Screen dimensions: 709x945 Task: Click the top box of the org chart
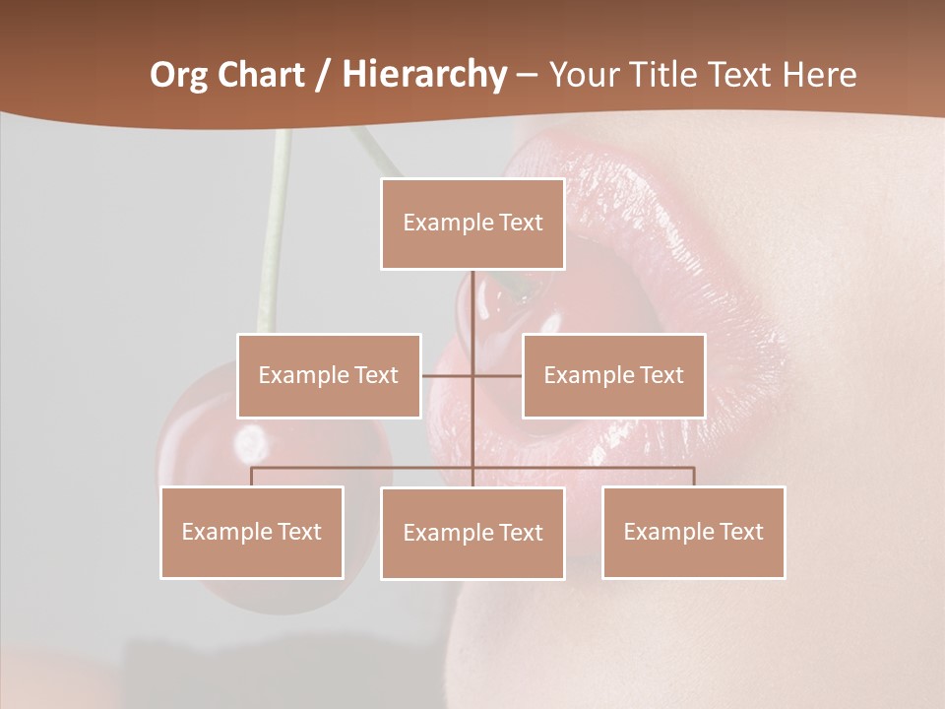click(x=472, y=224)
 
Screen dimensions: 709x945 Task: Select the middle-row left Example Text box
click(x=329, y=375)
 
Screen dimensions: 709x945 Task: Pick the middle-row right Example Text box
click(x=613, y=375)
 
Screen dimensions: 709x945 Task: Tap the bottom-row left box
click(x=252, y=532)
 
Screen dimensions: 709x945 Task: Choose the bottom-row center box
click(x=472, y=533)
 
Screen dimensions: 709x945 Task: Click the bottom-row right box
click(x=694, y=532)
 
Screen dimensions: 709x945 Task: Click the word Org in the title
click(x=177, y=75)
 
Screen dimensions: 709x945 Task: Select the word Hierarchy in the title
click(x=424, y=75)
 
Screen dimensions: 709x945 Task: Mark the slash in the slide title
click(x=322, y=76)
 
